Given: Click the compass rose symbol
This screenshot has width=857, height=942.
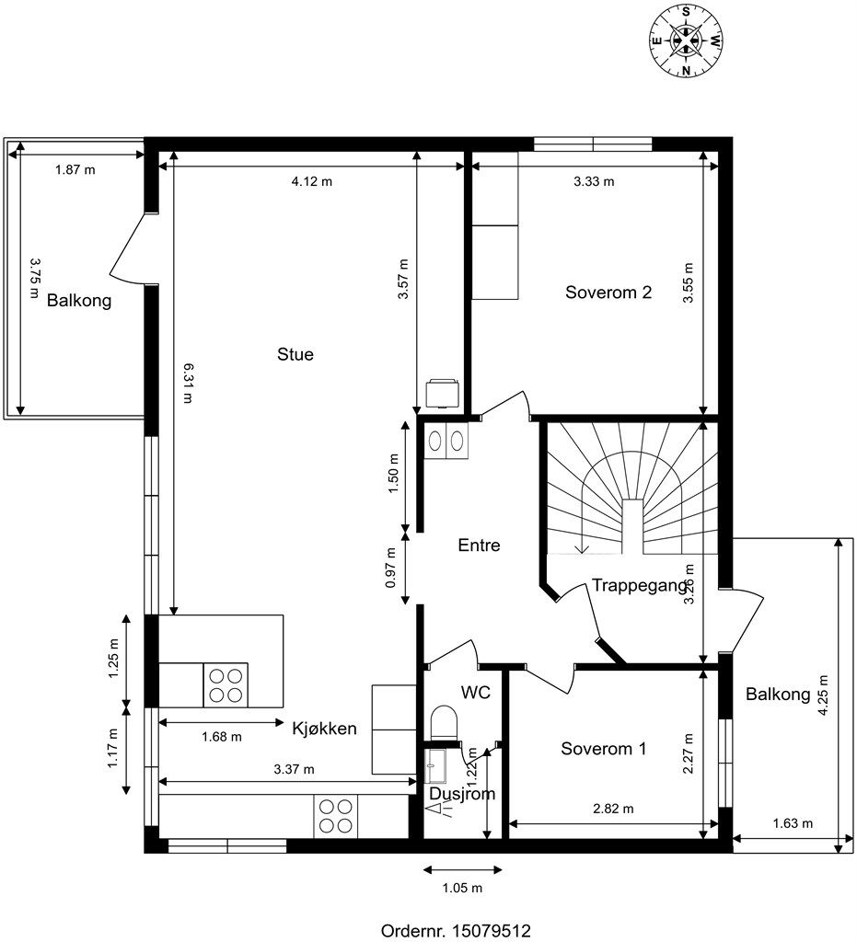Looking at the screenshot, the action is click(x=686, y=40).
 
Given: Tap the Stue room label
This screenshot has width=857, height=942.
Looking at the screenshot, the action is click(x=295, y=354).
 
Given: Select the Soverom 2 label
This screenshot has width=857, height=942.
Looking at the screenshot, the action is click(x=608, y=293).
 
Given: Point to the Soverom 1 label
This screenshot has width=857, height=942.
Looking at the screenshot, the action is click(x=603, y=749).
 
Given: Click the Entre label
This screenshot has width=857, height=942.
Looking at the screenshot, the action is click(x=479, y=545).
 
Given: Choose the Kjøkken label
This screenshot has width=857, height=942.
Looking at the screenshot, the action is click(x=325, y=729).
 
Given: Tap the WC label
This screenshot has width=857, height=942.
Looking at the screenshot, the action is click(x=476, y=692).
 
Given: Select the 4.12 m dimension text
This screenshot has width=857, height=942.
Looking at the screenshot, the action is click(x=312, y=181).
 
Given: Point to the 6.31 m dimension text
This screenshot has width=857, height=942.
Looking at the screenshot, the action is click(x=187, y=383).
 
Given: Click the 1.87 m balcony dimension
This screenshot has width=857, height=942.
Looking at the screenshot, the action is click(x=75, y=169).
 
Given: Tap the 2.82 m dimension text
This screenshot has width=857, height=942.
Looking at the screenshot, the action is click(x=613, y=809).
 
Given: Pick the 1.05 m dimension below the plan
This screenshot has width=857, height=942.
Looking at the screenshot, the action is click(x=462, y=888).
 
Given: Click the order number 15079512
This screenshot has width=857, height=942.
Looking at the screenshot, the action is click(x=491, y=931).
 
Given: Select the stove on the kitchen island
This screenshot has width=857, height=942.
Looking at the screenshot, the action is click(x=226, y=684).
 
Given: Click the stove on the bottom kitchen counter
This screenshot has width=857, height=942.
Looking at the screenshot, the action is click(x=336, y=816).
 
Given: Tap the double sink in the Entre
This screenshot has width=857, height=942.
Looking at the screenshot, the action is click(x=446, y=441).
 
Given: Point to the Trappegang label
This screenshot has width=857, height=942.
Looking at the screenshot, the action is click(x=640, y=585).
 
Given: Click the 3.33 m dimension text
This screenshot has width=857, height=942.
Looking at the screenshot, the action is click(x=594, y=181).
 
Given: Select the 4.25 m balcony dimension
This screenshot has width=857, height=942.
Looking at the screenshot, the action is click(x=823, y=695).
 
